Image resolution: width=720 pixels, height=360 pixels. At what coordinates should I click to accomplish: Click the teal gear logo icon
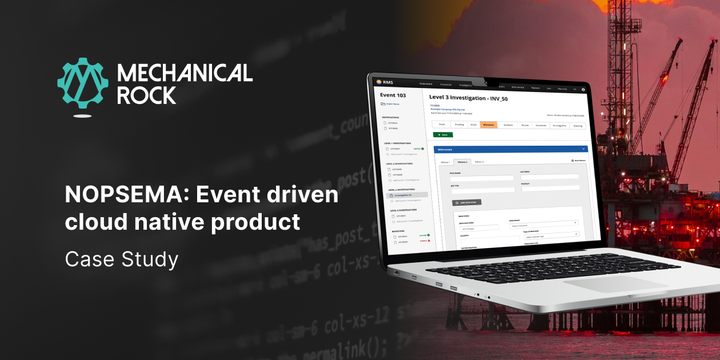[x=83, y=83]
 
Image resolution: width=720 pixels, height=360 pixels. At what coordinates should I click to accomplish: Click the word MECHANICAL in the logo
[x=185, y=73]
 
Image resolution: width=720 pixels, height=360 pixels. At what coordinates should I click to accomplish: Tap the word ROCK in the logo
[x=146, y=95]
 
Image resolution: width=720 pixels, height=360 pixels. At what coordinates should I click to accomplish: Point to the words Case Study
[x=122, y=259]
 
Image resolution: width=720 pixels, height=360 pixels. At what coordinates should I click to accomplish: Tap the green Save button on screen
[x=443, y=135]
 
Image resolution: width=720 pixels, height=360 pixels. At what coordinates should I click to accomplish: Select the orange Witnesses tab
[x=489, y=125]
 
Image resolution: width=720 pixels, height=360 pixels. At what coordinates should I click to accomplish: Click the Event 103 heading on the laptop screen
[x=393, y=95]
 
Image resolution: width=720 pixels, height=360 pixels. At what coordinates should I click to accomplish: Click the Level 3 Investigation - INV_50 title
[x=468, y=98]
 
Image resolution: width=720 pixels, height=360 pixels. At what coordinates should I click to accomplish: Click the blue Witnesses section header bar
[x=509, y=149]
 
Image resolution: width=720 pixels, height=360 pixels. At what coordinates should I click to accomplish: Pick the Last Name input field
[x=549, y=177]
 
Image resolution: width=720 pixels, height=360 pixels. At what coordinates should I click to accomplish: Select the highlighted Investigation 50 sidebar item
[x=407, y=195]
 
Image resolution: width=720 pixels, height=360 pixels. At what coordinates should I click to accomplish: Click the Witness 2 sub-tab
[x=462, y=162]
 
